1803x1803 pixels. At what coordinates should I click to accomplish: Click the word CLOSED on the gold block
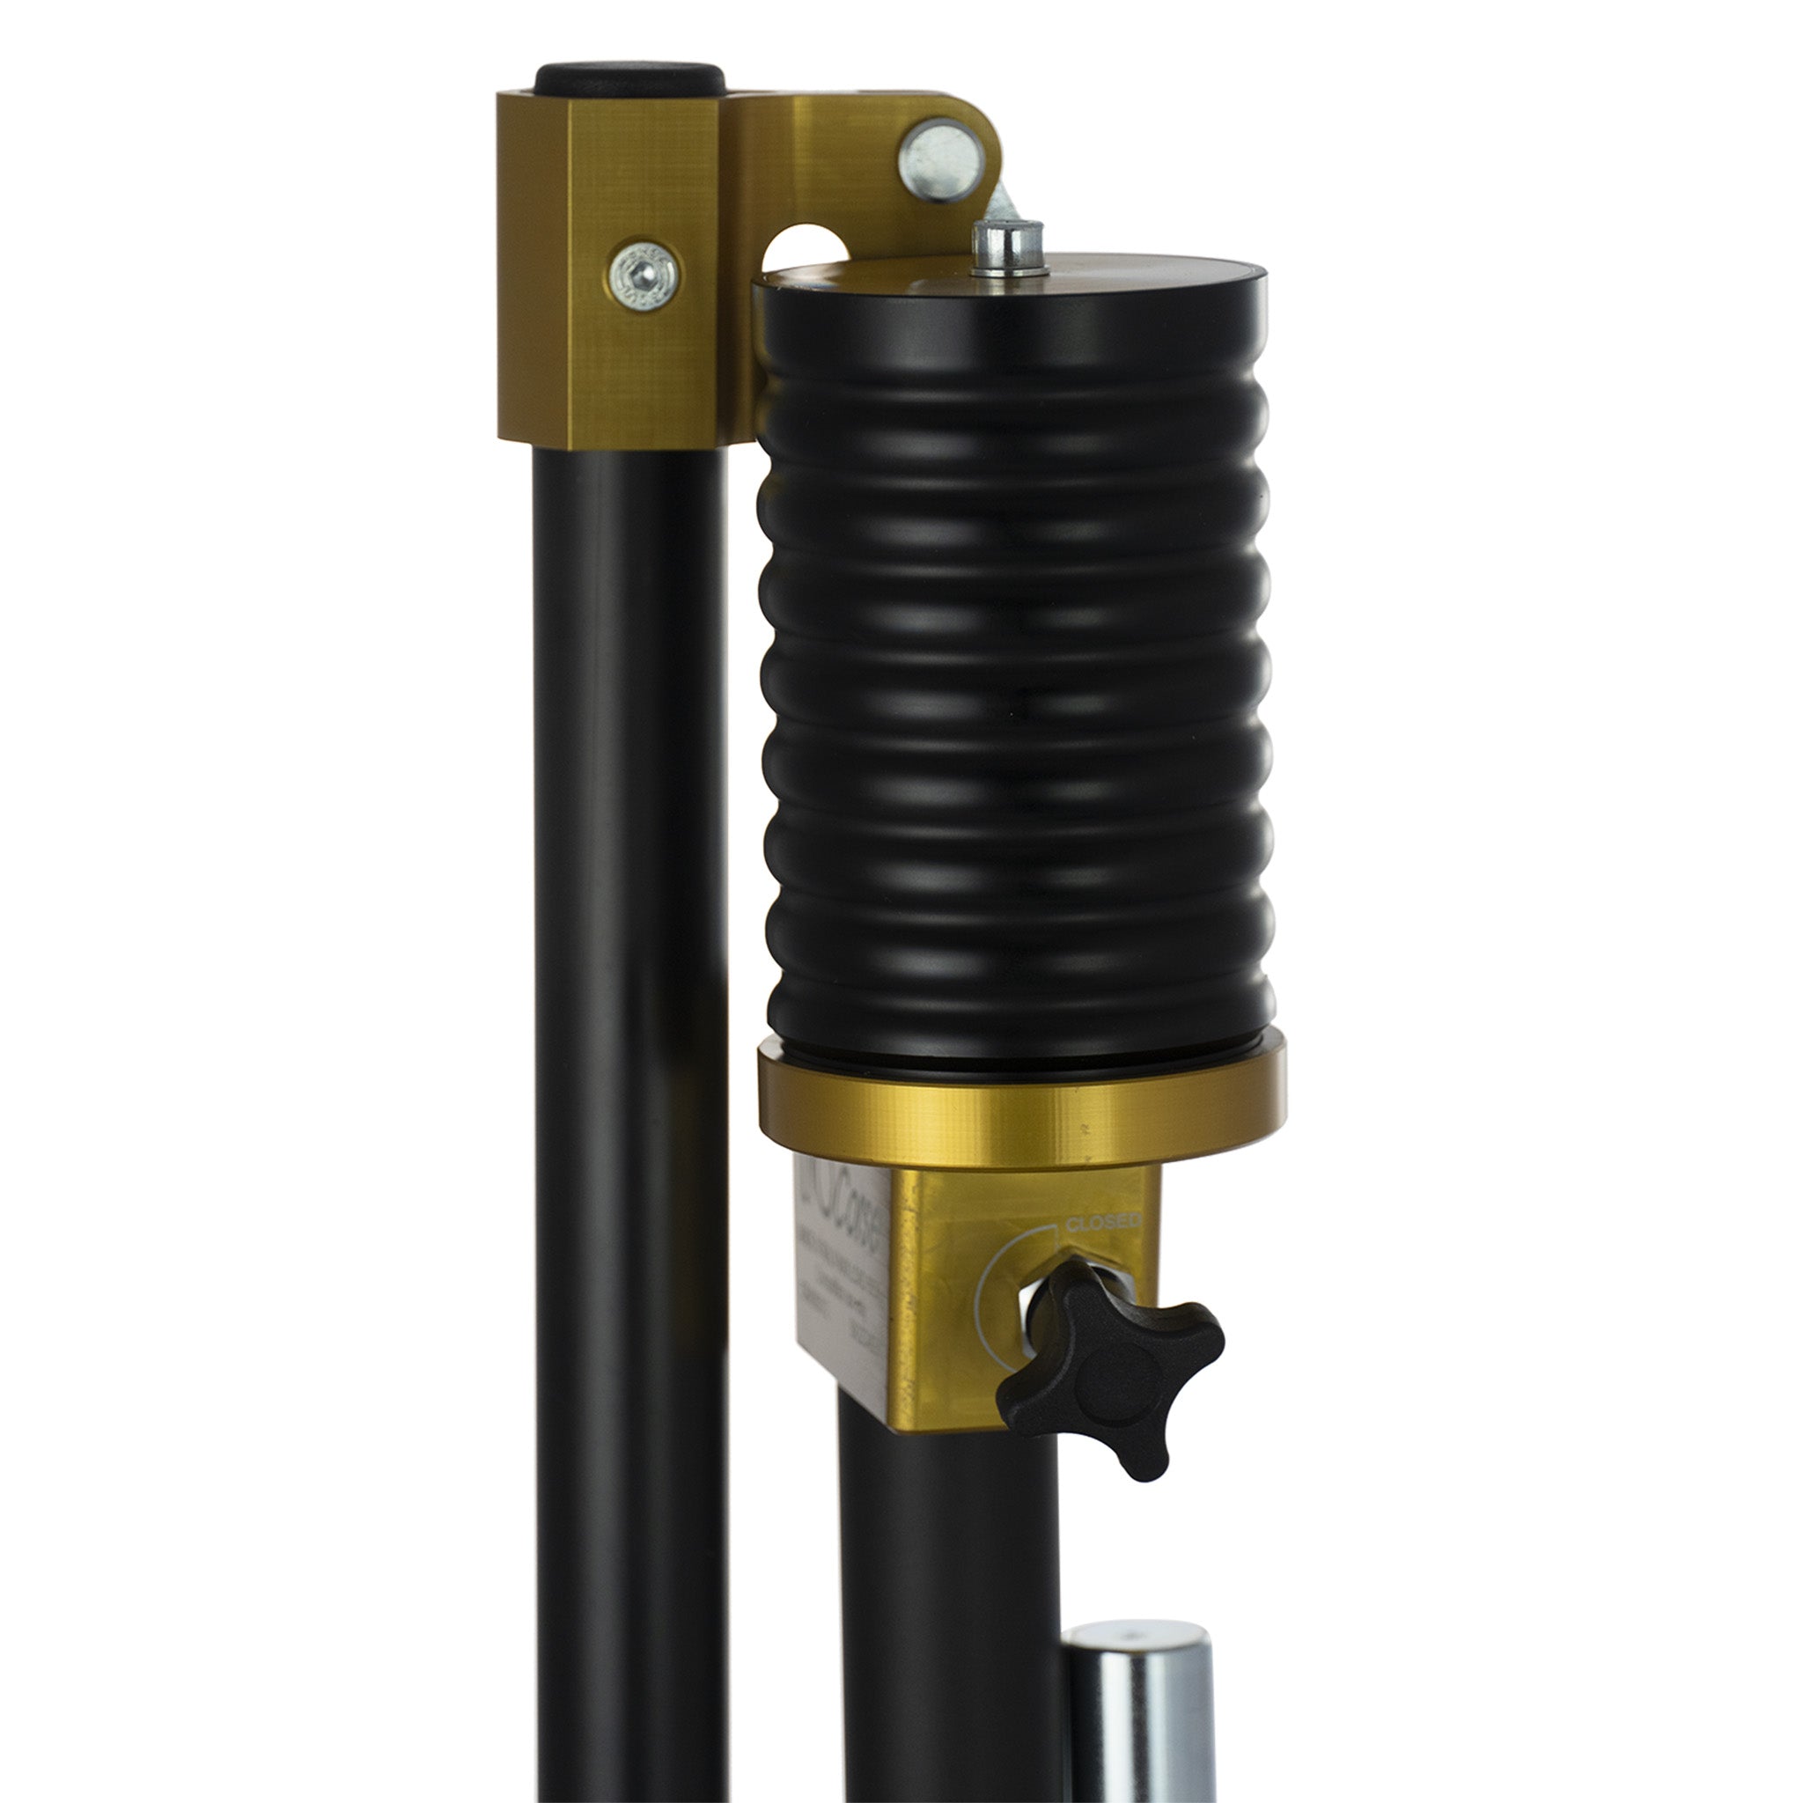point(1102,1223)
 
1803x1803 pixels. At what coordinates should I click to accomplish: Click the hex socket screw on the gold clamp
point(643,276)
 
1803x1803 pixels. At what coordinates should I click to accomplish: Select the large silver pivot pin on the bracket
point(941,160)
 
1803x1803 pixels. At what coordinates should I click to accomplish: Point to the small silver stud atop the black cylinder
point(1007,247)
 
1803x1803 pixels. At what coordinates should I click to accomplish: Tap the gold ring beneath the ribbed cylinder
point(1021,1110)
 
